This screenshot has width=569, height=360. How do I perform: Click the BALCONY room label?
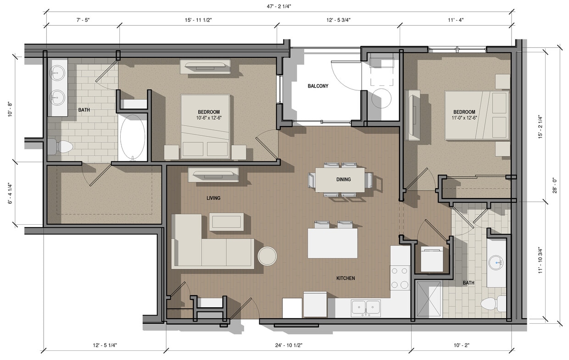click(x=318, y=86)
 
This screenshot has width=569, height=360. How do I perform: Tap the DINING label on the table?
click(x=343, y=179)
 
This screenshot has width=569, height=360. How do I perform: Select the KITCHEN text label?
click(x=345, y=278)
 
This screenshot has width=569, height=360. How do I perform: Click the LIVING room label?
click(x=213, y=198)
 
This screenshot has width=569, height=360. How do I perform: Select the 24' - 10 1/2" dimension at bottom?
click(x=288, y=345)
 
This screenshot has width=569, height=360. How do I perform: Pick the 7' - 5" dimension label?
click(x=83, y=20)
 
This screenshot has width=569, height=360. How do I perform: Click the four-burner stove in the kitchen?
click(x=399, y=277)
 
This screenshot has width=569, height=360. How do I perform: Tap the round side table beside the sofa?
click(x=267, y=255)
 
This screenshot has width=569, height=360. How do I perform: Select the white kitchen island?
click(x=332, y=243)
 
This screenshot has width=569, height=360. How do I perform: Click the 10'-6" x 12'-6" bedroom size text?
click(x=208, y=118)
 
